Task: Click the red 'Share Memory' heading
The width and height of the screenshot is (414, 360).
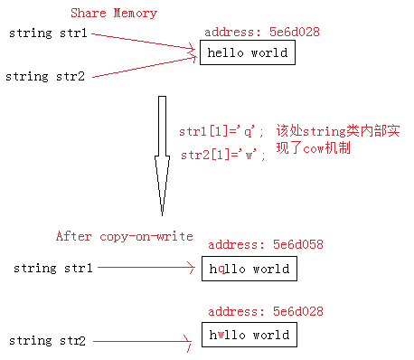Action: (113, 14)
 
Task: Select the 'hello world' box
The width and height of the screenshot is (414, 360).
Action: (247, 53)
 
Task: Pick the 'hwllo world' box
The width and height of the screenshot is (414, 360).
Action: (248, 336)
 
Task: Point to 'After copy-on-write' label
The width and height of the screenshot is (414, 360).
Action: (124, 236)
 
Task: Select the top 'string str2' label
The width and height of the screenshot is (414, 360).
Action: (45, 76)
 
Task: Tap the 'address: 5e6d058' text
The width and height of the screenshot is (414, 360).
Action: (265, 244)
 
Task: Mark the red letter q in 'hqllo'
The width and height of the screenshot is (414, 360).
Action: (219, 270)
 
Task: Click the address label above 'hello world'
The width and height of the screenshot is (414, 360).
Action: (262, 32)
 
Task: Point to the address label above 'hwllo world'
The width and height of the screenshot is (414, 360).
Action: (262, 312)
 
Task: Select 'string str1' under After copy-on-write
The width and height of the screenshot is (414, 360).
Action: (50, 268)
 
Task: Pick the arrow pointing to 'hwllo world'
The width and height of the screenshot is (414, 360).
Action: (145, 341)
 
